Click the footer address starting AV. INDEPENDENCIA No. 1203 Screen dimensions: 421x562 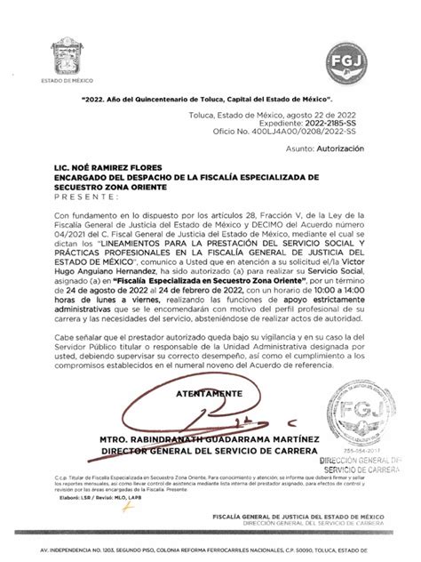coord(210,550)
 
